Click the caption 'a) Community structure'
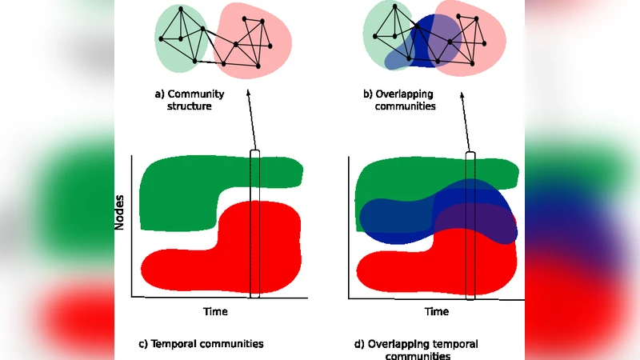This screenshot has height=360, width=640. [189, 99]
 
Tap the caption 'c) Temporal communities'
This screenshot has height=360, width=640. [201, 344]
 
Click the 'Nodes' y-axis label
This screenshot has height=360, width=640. [119, 212]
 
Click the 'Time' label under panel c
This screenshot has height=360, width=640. [215, 311]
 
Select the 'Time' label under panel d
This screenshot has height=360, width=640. [436, 311]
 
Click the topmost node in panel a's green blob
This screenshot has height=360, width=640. [181, 9]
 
